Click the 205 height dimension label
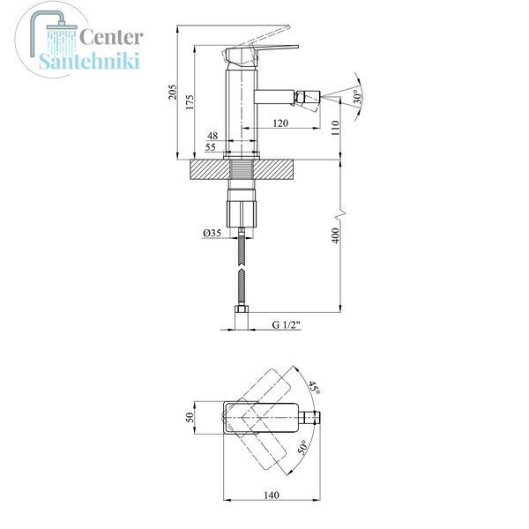pyautogui.click(x=173, y=92)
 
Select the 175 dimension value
pyautogui.click(x=190, y=101)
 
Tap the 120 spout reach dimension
pyautogui.click(x=280, y=123)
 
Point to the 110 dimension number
pyautogui.click(x=335, y=128)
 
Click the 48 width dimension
pyautogui.click(x=212, y=136)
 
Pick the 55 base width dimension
pyautogui.click(x=210, y=147)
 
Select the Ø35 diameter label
pyautogui.click(x=212, y=233)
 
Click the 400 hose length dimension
pyautogui.click(x=336, y=235)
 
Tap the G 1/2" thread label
pyautogui.click(x=286, y=324)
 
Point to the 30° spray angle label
pyautogui.click(x=358, y=96)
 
